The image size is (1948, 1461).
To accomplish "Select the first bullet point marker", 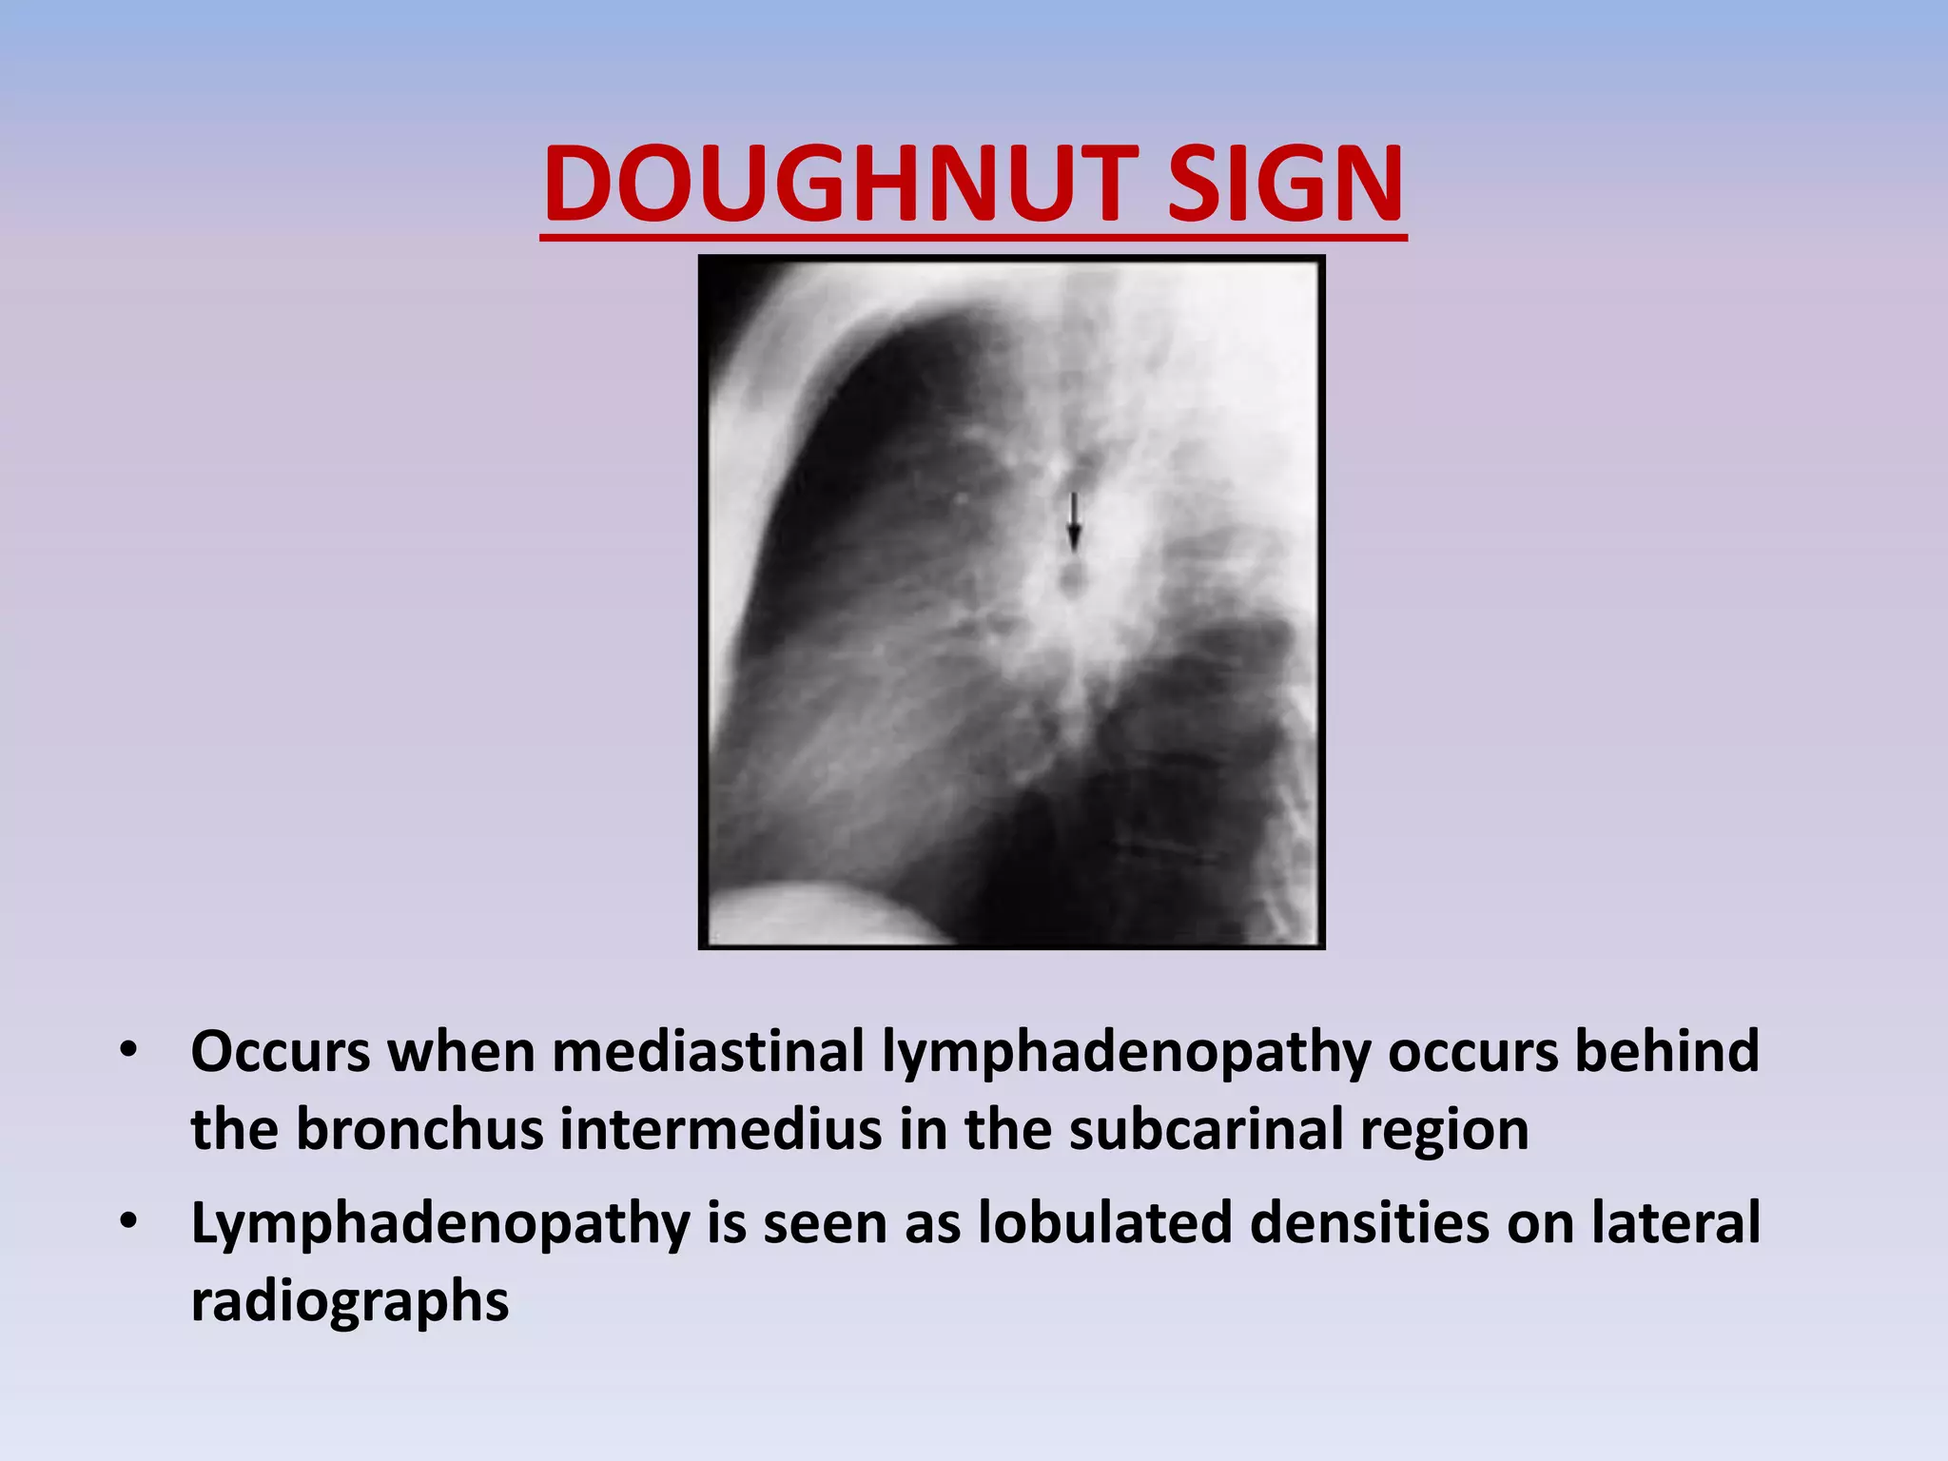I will click(128, 1052).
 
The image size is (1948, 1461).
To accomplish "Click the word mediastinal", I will click(708, 1052).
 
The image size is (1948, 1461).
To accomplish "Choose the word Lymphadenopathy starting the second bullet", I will click(440, 1224).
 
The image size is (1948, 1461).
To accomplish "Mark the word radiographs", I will click(349, 1302).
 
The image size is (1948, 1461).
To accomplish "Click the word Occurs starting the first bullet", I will click(281, 1052).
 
